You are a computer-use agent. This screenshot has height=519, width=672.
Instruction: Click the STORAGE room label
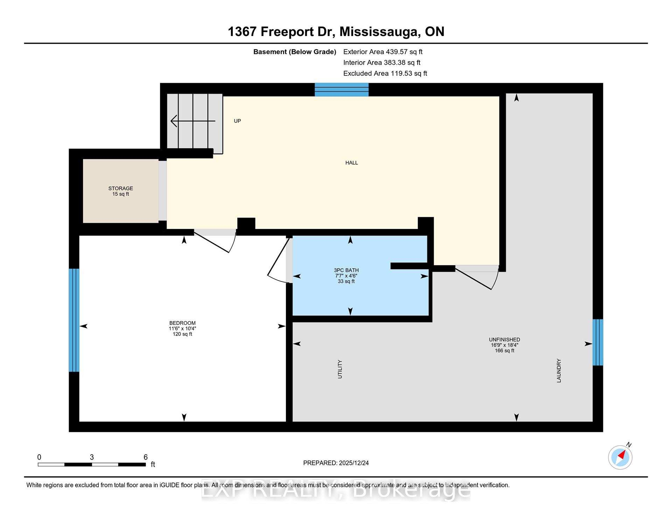pos(120,189)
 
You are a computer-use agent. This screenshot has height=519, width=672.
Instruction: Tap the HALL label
pos(351,163)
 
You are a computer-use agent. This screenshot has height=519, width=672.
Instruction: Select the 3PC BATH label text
pos(346,270)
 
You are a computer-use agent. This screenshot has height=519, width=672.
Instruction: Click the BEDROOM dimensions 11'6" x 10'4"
pos(182,329)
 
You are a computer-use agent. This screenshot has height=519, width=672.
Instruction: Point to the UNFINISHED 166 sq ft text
pos(504,350)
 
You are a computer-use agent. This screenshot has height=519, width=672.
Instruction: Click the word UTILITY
pos(340,369)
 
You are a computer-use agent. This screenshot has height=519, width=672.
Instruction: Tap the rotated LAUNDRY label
pos(559,370)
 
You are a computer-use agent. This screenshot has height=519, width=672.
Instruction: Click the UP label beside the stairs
pos(237,121)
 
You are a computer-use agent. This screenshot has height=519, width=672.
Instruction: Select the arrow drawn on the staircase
pos(192,121)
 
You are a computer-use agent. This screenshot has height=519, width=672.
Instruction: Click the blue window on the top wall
pos(342,90)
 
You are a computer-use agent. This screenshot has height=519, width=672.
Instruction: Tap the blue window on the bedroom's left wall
pos(74,320)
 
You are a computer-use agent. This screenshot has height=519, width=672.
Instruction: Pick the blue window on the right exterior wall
pos(597,342)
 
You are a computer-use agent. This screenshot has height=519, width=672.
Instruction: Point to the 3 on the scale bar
pos(92,457)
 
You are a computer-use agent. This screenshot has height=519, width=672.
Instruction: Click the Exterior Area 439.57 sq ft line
pos(383,52)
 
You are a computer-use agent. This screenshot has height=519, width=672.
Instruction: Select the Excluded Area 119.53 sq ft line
pos(385,73)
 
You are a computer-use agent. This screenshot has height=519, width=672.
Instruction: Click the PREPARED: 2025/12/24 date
pos(336,463)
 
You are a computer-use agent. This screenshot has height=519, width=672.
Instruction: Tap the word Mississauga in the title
pos(380,32)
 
